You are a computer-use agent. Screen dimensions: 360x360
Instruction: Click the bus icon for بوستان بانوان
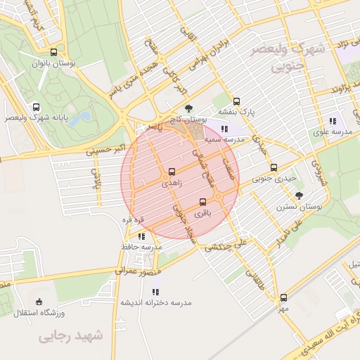[53, 52]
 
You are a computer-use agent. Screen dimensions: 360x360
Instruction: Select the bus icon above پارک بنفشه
[236, 101]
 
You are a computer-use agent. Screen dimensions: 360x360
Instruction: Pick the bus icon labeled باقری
[203, 202]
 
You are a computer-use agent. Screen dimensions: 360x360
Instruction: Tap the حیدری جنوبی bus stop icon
[274, 168]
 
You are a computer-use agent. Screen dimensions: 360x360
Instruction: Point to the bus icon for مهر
[283, 297]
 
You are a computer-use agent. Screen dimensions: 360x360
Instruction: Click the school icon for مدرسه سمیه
[224, 129]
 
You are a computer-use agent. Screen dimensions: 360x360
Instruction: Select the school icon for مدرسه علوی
[332, 120]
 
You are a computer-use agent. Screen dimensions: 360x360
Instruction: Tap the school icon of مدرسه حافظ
[141, 236]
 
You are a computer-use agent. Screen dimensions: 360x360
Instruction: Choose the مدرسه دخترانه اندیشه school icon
[155, 291]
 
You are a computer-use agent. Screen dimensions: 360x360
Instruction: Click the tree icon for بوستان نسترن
[299, 195]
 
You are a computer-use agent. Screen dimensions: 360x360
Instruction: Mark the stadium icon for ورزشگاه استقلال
[39, 301]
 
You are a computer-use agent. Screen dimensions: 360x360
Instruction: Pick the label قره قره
[134, 220]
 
